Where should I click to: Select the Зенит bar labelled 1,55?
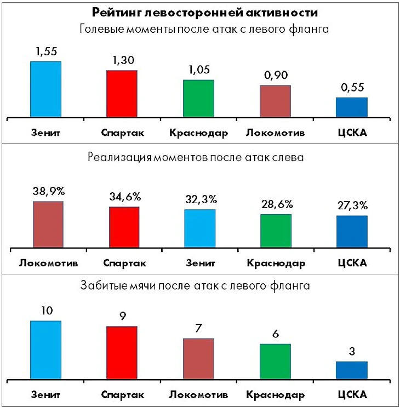coord(45,89)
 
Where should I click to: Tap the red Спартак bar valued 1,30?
coord(122,94)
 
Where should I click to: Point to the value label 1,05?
coord(198,70)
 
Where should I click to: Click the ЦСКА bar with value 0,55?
coord(352,107)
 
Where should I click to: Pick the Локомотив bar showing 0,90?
coord(275,101)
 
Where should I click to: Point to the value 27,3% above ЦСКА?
coord(352,205)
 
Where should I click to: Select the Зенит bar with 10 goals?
coord(45,349)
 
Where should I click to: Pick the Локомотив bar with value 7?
coord(198,358)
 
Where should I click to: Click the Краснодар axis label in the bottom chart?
coord(275,395)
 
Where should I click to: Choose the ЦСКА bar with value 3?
coord(352,370)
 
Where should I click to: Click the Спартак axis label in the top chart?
coord(122,133)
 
